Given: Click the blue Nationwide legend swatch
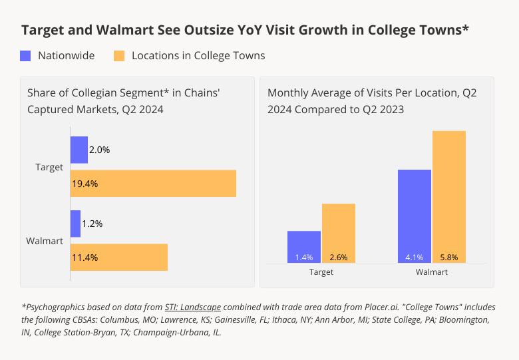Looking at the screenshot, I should coord(26,56).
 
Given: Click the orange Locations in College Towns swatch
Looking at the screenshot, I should coord(120,56).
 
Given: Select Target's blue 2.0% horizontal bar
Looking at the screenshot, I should coord(79,150).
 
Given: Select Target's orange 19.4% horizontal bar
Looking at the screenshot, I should coord(153,184).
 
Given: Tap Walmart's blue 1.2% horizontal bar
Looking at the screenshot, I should coord(75,224).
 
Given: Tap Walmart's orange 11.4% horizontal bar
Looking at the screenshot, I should coord(119,258).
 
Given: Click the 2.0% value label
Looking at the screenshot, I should coord(99,150).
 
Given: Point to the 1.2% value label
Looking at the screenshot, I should coord(92,224).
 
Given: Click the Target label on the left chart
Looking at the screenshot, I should coord(49,167).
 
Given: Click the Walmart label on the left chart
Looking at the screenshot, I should coord(45,241).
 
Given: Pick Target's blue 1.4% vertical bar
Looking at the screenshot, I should coord(304,246).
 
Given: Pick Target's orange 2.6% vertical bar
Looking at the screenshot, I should coord(339,233).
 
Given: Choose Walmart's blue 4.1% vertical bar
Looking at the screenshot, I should coord(415,216).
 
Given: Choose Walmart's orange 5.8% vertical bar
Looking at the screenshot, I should coord(449,196).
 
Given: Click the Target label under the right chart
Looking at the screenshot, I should coord(321,272).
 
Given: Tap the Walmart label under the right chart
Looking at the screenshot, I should coord(432,272).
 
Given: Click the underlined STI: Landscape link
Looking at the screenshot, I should coord(193,307).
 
